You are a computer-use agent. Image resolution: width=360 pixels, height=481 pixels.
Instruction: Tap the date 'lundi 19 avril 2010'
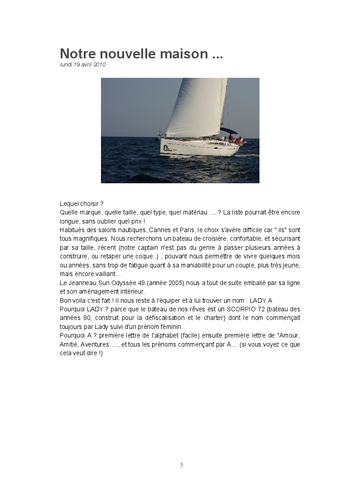[82, 65]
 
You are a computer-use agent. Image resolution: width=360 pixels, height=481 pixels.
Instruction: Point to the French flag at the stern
[244, 140]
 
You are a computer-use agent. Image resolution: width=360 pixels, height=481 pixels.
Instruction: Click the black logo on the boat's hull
[167, 148]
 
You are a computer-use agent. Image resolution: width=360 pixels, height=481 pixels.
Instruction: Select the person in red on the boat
[230, 138]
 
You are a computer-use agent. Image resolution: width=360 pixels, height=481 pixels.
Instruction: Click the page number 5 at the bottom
[182, 465]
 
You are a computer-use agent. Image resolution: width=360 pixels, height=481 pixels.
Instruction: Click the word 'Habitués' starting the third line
[72, 229]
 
